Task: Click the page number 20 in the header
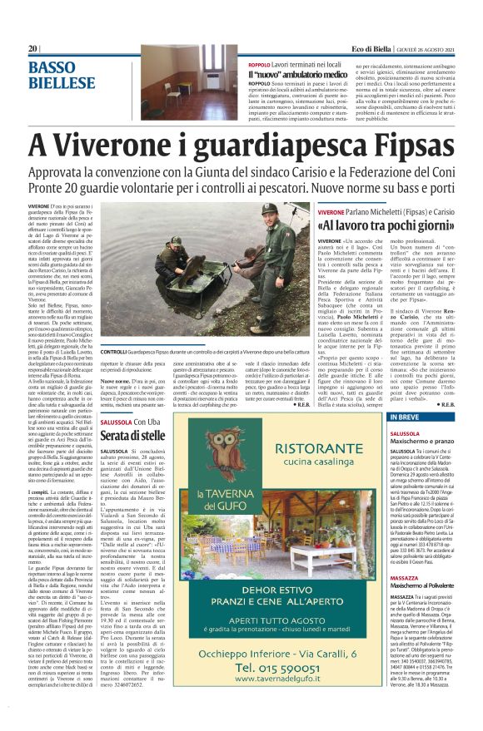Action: coord(33,49)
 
